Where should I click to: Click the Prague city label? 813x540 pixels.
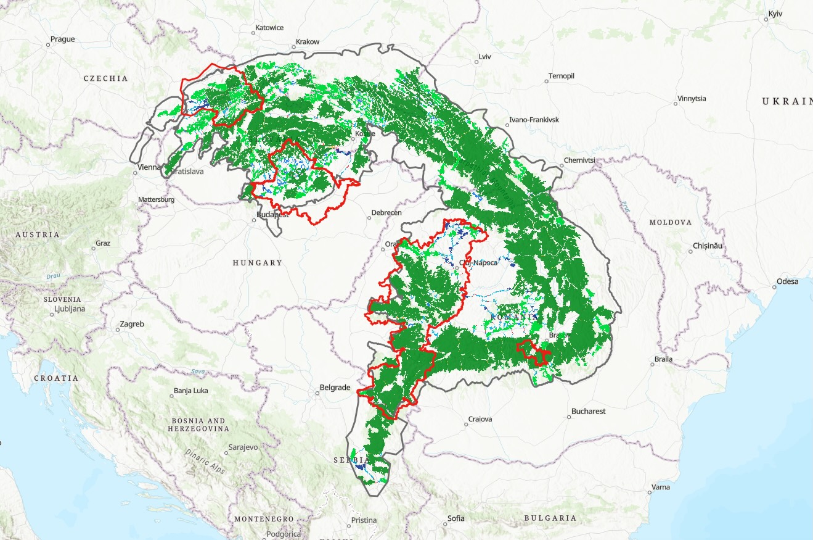click(62, 39)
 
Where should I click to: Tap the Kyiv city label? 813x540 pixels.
click(775, 14)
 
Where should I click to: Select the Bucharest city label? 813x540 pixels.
click(588, 411)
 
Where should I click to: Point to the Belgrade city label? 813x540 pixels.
click(335, 388)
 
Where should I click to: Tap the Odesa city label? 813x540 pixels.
click(787, 281)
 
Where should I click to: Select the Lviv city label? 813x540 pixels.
click(484, 57)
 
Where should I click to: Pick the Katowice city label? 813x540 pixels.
click(269, 28)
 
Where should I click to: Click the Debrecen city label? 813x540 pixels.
click(386, 213)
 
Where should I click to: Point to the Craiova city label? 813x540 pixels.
click(480, 419)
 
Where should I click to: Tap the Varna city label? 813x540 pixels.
click(660, 487)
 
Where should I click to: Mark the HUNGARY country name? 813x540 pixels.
click(257, 263)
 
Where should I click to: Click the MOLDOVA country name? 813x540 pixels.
click(670, 222)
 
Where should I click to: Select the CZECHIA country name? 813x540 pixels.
click(106, 78)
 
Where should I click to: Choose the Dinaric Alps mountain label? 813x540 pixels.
click(205, 461)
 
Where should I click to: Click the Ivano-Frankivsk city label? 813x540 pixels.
click(534, 120)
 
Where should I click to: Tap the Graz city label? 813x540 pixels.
click(103, 243)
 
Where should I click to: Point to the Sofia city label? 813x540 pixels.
click(456, 518)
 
